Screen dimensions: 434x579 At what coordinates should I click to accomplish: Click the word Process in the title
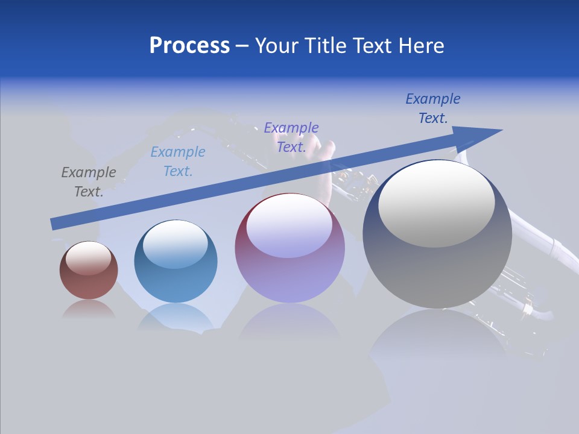pos(189,46)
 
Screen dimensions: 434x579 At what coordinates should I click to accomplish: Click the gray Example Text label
pos(89,182)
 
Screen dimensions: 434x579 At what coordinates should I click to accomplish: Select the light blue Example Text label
pos(178,162)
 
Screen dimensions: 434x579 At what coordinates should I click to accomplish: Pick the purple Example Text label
pos(291,137)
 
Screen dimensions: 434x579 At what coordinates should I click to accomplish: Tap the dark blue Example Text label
pos(432,108)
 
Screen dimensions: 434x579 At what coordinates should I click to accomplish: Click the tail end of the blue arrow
pos(54,224)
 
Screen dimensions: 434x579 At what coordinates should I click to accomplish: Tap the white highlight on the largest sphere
pos(436,204)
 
